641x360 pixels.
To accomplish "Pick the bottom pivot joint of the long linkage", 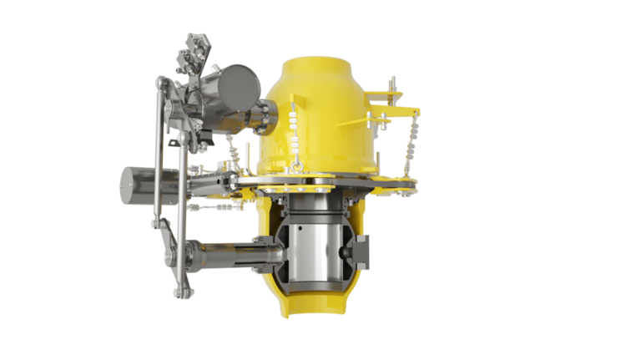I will tap(177, 292).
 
